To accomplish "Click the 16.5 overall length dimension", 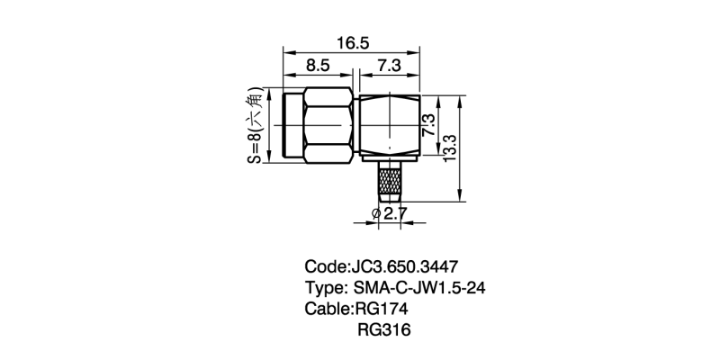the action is coord(353,43).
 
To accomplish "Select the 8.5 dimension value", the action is coord(318,66).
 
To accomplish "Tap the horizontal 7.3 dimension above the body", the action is coord(390,66).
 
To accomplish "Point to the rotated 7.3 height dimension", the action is coord(428,125).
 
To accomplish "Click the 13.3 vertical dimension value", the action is coord(450,147).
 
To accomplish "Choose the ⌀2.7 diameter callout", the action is coord(390,213).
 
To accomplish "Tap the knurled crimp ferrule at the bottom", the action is coord(390,183).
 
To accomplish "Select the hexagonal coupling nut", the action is coord(328,125).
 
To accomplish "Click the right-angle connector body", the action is coord(390,125).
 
